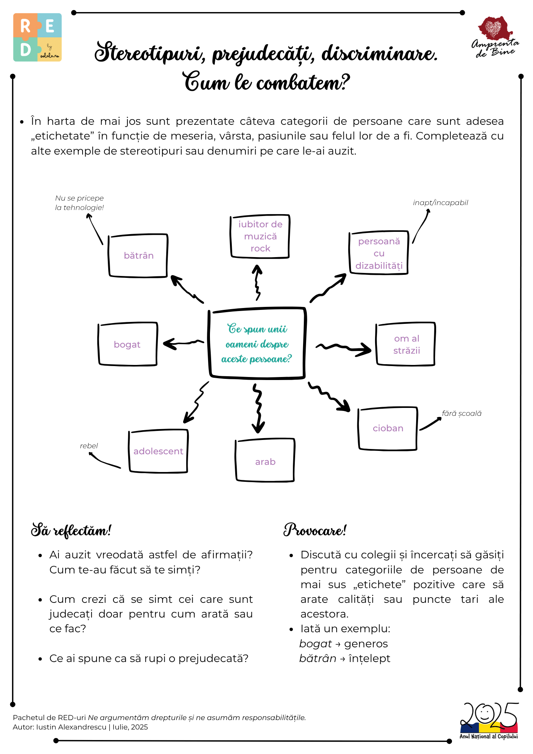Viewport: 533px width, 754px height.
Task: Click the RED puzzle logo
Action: click(37, 37)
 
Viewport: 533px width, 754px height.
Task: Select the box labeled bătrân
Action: click(138, 256)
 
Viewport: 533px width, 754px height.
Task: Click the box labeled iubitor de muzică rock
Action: click(260, 236)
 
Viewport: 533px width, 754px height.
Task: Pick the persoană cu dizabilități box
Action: click(379, 253)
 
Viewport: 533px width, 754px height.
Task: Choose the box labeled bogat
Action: click(127, 344)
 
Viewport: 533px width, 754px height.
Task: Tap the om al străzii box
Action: click(406, 344)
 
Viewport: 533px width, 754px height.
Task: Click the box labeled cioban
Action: click(388, 428)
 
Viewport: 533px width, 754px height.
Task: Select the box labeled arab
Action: click(265, 461)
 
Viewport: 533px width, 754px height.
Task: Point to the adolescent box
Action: click(158, 451)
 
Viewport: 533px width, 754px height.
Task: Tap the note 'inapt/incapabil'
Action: click(440, 202)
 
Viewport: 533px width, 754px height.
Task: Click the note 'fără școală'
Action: click(461, 413)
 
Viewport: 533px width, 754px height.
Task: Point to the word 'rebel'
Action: click(89, 446)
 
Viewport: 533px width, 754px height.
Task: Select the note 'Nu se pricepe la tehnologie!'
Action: click(79, 203)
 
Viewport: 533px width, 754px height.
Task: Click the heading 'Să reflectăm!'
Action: click(71, 530)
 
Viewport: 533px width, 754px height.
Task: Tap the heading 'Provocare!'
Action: click(315, 530)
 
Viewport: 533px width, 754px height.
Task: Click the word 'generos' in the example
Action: click(366, 644)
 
